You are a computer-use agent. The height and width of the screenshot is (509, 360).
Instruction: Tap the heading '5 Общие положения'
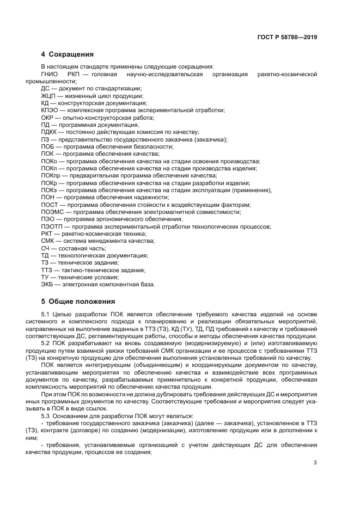pyautogui.click(x=78, y=301)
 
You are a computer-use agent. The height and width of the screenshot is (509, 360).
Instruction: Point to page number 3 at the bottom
pyautogui.click(x=315, y=463)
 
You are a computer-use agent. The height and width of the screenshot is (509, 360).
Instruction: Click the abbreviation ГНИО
pyautogui.click(x=50, y=73)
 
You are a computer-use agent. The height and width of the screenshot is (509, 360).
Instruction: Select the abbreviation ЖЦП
pyautogui.click(x=49, y=95)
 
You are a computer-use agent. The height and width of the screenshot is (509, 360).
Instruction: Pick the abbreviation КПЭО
pyautogui.click(x=50, y=110)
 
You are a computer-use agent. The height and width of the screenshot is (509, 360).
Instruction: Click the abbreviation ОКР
pyautogui.click(x=48, y=117)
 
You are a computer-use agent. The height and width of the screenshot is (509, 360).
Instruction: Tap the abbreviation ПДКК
pyautogui.click(x=50, y=132)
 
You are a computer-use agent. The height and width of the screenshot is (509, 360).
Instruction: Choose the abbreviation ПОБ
pyautogui.click(x=48, y=146)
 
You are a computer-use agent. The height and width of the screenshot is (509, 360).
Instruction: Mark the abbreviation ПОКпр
pyautogui.click(x=51, y=175)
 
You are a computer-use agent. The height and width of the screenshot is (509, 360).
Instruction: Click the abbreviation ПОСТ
pyautogui.click(x=50, y=205)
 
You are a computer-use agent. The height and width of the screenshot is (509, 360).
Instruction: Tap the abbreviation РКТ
pyautogui.click(x=47, y=234)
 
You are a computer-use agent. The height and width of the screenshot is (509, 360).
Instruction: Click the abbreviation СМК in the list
pyautogui.click(x=48, y=241)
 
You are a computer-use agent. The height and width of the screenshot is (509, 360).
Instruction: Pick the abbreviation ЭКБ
pyautogui.click(x=47, y=284)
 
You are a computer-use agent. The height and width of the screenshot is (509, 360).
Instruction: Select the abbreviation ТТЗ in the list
pyautogui.click(x=47, y=270)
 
